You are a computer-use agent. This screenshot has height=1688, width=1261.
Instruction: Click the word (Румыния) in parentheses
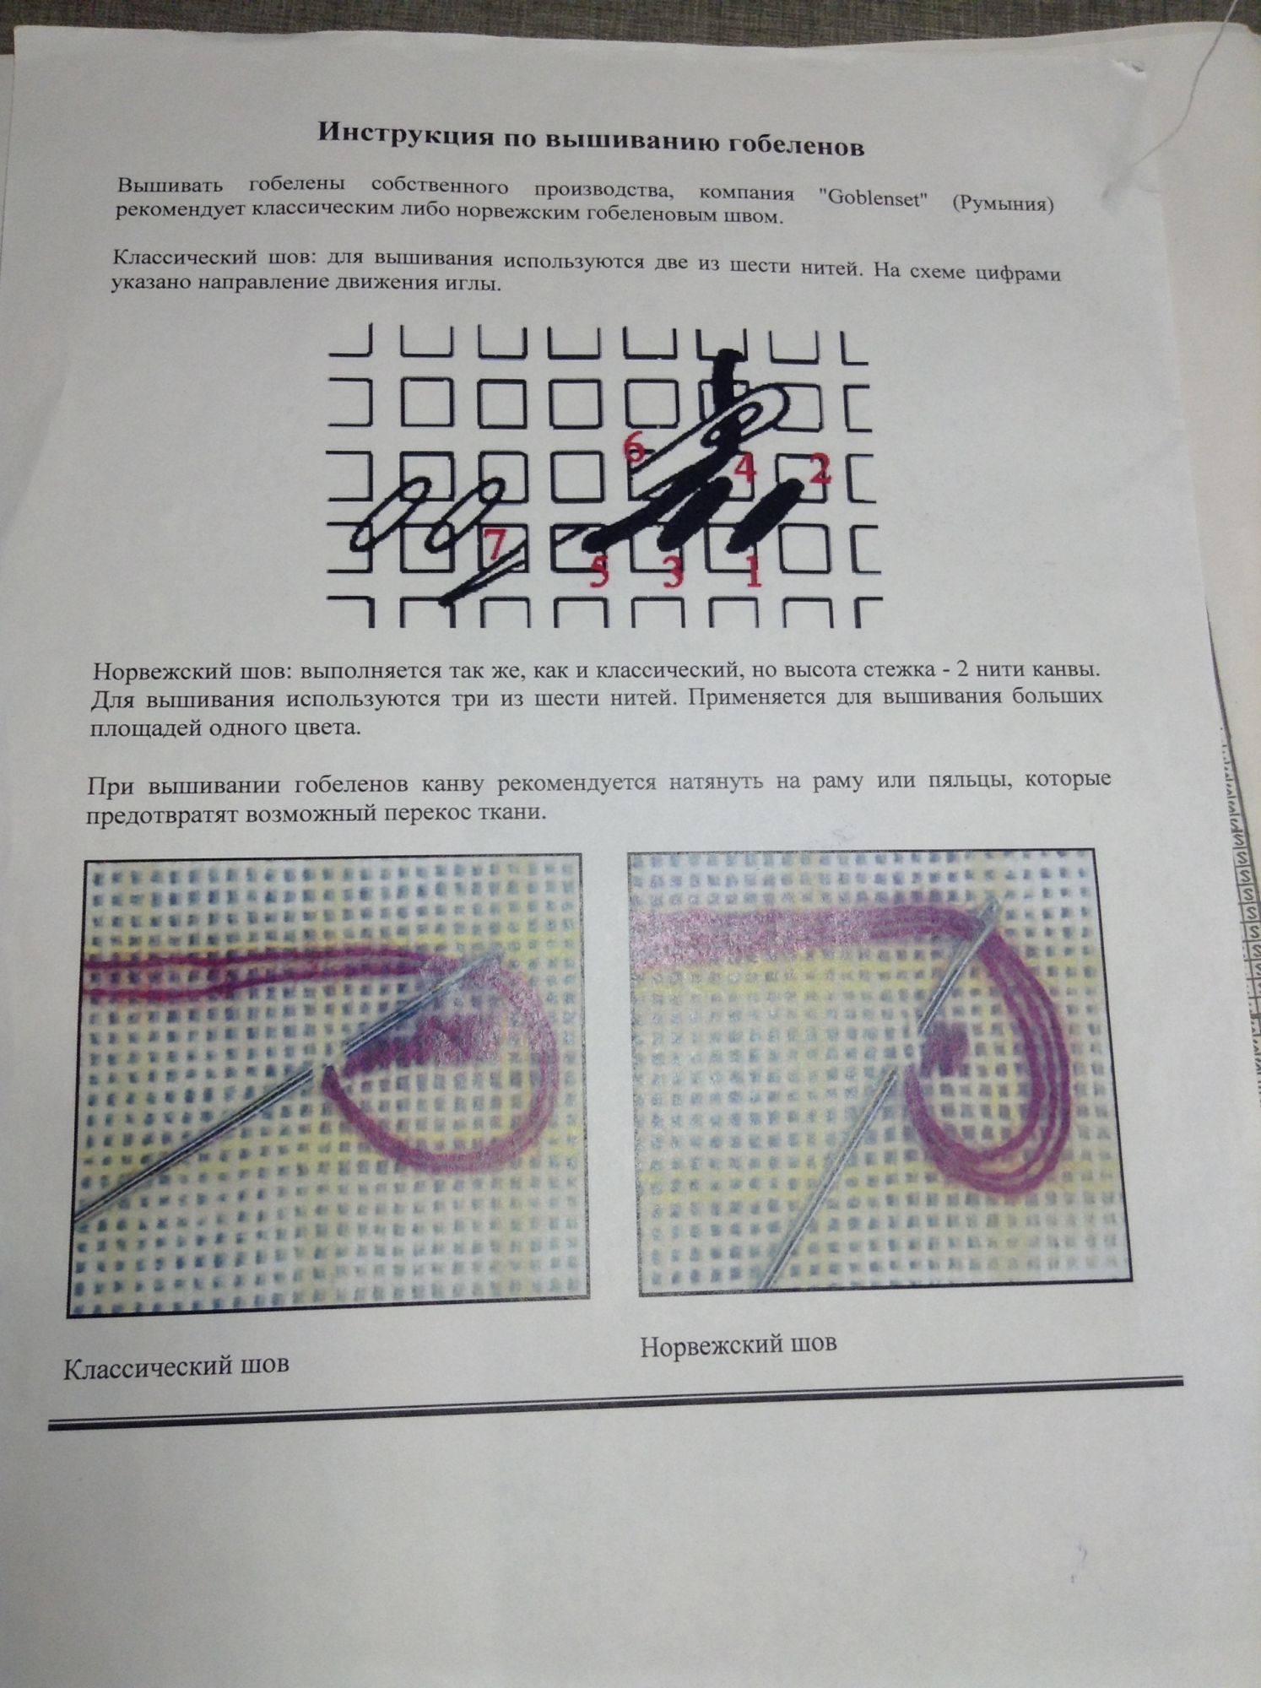tap(1004, 203)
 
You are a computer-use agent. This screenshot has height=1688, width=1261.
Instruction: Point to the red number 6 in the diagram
tap(636, 447)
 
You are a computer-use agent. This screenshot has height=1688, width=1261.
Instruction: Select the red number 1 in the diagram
tap(754, 573)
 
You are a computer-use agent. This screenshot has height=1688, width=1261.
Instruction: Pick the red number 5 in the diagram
tap(598, 573)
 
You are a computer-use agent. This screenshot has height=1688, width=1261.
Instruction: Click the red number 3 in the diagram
tap(673, 573)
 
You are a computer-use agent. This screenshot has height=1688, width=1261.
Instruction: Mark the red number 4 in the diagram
tap(744, 467)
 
